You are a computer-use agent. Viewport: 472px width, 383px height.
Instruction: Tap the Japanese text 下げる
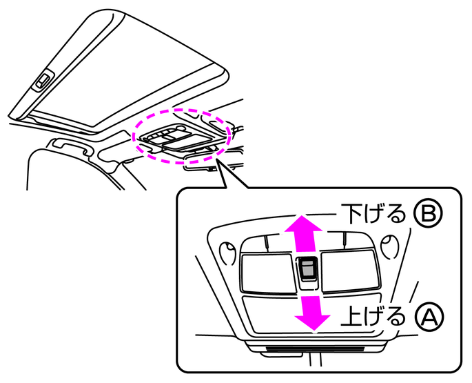point(373,213)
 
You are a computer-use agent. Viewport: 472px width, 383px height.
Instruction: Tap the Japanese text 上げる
point(373,317)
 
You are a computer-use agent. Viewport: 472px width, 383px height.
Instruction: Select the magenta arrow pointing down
point(312,313)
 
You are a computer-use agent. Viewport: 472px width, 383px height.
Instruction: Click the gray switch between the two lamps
point(307,268)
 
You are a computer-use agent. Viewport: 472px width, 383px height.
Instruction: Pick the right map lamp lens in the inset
point(350,271)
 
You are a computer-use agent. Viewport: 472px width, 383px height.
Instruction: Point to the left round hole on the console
point(228,253)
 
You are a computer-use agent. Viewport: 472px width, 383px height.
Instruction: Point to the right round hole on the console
point(391,246)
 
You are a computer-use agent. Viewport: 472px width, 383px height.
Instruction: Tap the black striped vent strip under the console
point(315,349)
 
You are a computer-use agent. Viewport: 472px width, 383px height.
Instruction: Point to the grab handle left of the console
point(70,146)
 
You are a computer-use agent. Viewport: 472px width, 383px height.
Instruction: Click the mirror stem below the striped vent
point(316,360)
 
